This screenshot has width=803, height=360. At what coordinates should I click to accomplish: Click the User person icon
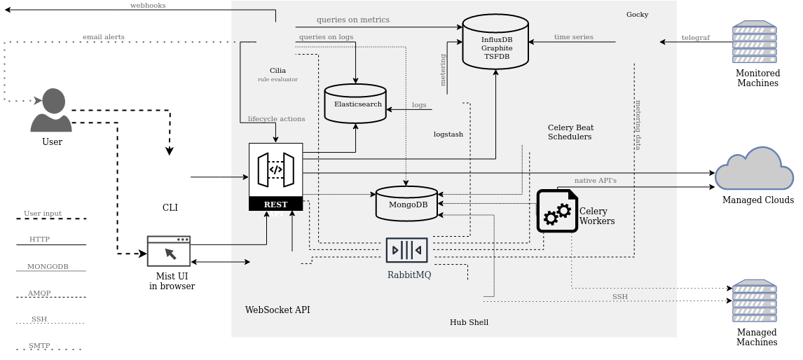point(51,111)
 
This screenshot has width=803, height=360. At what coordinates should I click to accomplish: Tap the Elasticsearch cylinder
point(355,104)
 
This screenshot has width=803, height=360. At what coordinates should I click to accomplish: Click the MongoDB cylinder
point(407,204)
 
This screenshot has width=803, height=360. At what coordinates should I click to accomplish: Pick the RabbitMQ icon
point(406,250)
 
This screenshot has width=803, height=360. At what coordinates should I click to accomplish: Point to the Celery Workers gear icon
point(557,211)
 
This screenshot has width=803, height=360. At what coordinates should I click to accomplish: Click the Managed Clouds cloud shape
point(754,169)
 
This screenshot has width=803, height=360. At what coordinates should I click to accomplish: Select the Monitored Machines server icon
point(754,43)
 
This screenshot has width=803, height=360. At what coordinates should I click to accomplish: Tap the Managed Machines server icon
point(754,301)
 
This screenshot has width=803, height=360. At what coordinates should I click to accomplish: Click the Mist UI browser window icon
point(169,251)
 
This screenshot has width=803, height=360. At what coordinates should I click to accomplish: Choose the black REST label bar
point(275,204)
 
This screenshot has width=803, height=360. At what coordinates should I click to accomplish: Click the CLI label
point(170,207)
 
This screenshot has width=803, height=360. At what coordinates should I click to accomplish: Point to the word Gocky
point(637,15)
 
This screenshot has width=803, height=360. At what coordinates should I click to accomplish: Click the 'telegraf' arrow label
point(696,38)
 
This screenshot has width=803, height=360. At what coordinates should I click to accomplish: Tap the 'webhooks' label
point(148,6)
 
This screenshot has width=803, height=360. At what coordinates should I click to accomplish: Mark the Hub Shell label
point(469,322)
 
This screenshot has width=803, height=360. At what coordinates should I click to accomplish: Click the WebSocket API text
point(277,310)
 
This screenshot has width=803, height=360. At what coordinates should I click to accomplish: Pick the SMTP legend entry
point(39,346)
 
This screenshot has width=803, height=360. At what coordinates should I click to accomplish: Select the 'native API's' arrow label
point(596,181)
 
